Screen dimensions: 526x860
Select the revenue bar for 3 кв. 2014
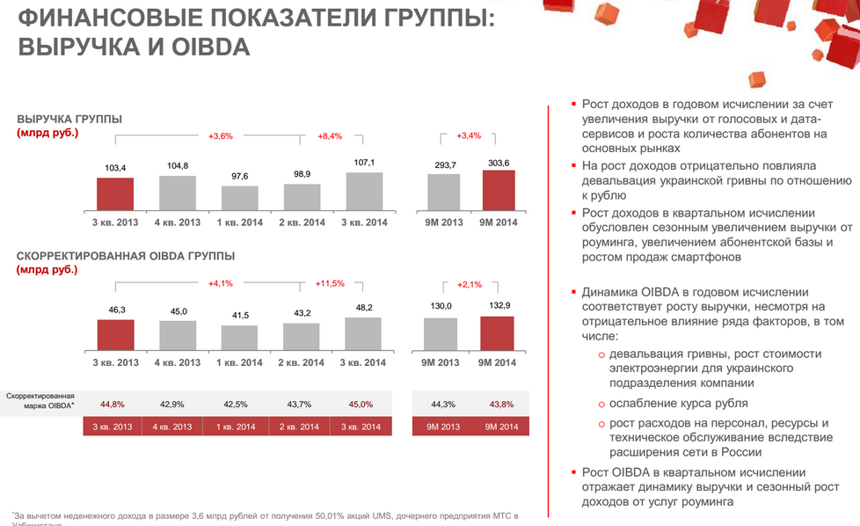tap(364, 190)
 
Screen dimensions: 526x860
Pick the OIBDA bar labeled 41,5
tap(239, 339)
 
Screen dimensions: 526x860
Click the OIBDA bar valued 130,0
tap(441, 334)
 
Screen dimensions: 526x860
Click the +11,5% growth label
tap(330, 283)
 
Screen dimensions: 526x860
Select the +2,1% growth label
tap(470, 284)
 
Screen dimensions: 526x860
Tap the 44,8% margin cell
tap(113, 404)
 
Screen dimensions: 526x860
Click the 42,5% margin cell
tap(235, 404)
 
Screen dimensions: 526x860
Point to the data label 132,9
tap(498, 306)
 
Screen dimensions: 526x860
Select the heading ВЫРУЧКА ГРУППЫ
tap(69, 119)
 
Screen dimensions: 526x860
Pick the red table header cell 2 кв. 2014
tap(299, 427)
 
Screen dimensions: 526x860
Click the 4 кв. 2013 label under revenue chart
tap(177, 222)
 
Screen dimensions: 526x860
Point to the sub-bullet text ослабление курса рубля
tap(679, 403)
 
